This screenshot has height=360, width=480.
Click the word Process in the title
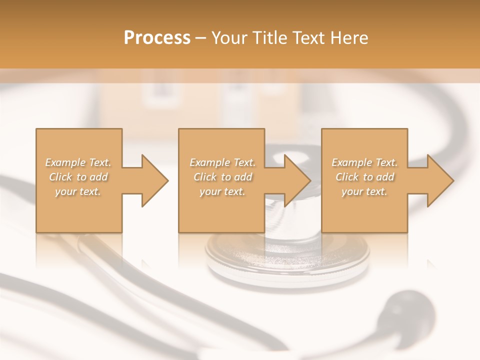pyautogui.click(x=157, y=38)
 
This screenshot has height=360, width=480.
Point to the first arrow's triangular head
pyautogui.click(x=154, y=180)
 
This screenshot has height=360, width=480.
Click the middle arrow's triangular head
pyautogui.click(x=297, y=180)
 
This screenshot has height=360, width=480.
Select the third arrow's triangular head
pyautogui.click(x=440, y=180)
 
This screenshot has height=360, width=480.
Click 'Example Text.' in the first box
pyautogui.click(x=78, y=162)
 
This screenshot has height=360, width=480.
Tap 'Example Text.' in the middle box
pyautogui.click(x=222, y=162)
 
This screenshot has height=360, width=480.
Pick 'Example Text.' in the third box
pyautogui.click(x=364, y=162)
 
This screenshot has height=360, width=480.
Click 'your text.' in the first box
pyautogui.click(x=78, y=191)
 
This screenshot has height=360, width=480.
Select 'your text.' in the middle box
pyautogui.click(x=222, y=191)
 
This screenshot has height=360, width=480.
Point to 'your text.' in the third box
pyautogui.click(x=364, y=191)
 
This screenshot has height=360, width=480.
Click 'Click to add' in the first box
pyautogui.click(x=78, y=177)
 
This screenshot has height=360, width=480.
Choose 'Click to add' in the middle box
pyautogui.click(x=222, y=177)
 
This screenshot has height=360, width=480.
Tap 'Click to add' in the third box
pyautogui.click(x=364, y=177)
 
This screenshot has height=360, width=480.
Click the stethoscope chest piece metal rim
pyautogui.click(x=287, y=272)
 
